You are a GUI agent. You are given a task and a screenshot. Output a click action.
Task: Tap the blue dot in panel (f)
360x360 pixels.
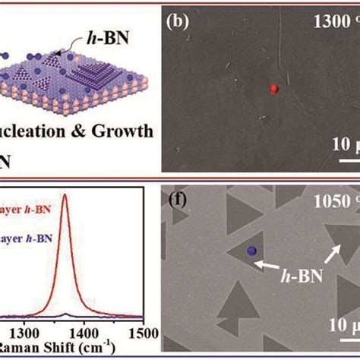(251, 251)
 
